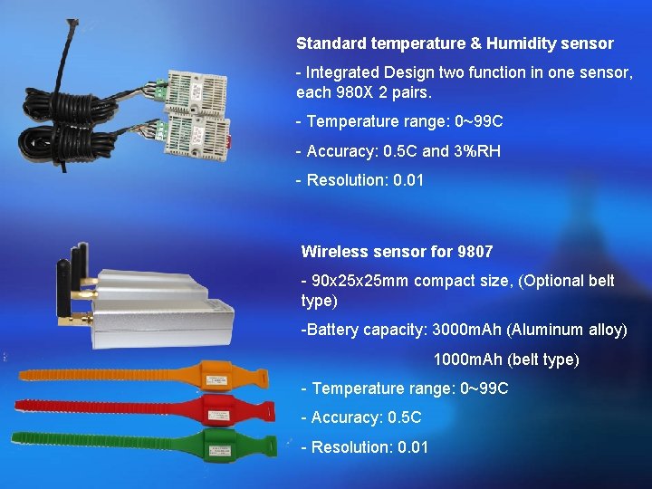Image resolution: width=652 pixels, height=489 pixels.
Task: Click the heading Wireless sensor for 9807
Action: coord(397,252)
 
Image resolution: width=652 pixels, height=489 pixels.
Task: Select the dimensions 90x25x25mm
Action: coord(360,281)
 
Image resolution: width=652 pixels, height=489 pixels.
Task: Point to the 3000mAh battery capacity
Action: coord(468,330)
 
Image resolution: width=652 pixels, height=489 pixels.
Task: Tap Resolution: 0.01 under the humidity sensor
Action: coord(360,180)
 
